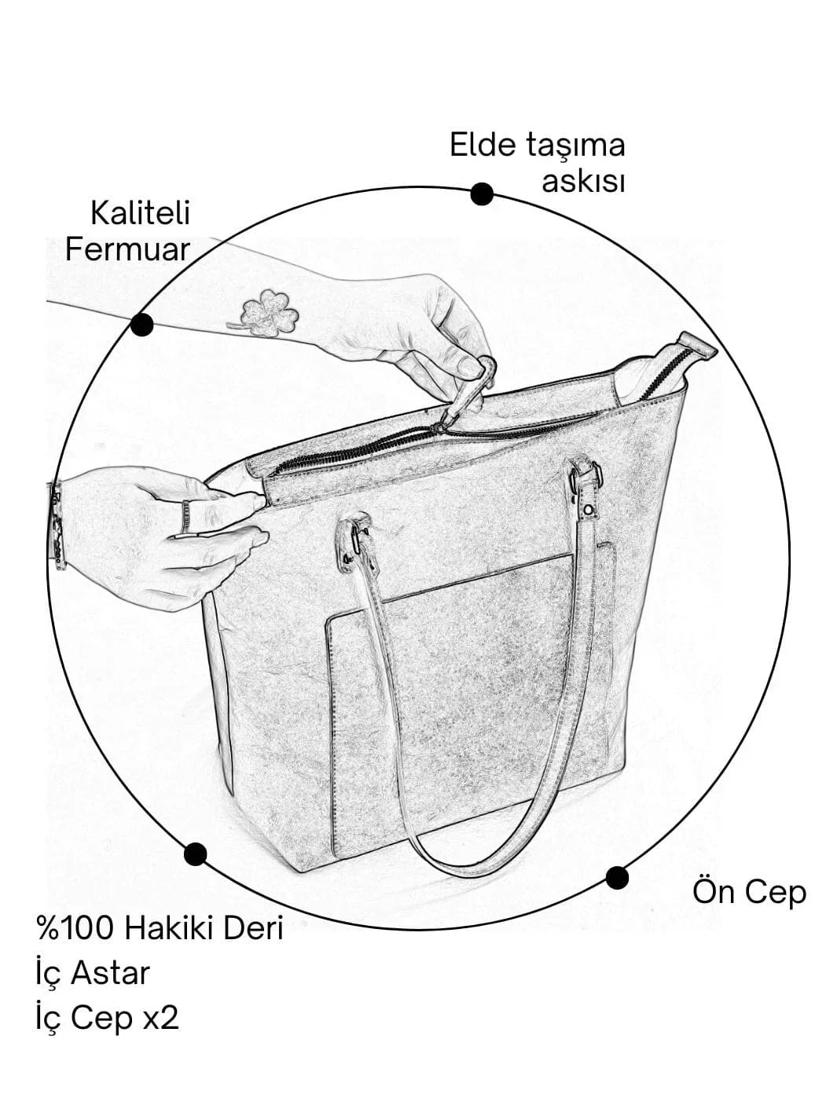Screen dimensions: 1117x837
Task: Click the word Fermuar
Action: [127, 250]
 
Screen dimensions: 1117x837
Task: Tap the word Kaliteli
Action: [140, 213]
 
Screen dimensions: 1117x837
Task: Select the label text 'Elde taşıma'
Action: [538, 146]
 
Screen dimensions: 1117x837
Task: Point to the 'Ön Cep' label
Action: [749, 892]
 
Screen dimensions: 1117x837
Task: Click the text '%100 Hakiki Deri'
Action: [160, 928]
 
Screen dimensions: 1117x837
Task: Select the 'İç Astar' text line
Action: [93, 973]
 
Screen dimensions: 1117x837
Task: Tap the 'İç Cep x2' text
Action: [108, 1018]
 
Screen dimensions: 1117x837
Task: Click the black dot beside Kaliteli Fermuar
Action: [142, 324]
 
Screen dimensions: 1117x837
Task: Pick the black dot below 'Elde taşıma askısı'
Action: [482, 194]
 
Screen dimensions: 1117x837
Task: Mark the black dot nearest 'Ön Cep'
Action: [618, 877]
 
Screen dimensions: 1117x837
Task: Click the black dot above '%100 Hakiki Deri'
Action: [195, 854]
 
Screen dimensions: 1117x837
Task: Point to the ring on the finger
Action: [186, 515]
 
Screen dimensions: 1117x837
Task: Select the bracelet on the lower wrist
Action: [57, 523]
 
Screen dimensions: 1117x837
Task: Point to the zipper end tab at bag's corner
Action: [696, 346]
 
